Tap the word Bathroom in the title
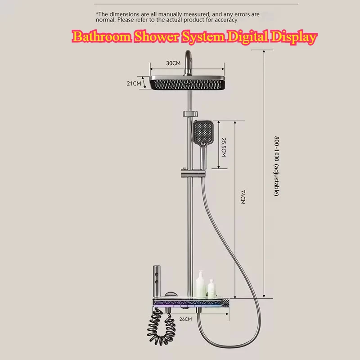[x=101, y=37]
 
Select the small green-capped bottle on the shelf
[x=211, y=288]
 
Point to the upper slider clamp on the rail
[x=190, y=113]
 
